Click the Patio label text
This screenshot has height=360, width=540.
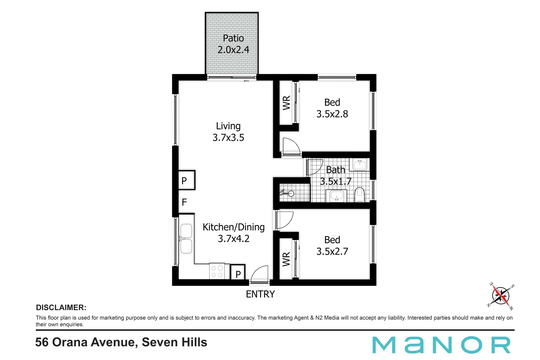pyautogui.click(x=233, y=38)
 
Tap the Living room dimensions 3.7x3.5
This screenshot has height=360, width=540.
pyautogui.click(x=228, y=138)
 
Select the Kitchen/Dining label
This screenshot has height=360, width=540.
pyautogui.click(x=233, y=227)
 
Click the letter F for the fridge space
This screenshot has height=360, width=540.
pyautogui.click(x=184, y=202)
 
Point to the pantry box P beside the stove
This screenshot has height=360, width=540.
pyautogui.click(x=238, y=272)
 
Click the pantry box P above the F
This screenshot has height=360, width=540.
pyautogui.click(x=186, y=180)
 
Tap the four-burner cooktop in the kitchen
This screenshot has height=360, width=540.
pyautogui.click(x=217, y=271)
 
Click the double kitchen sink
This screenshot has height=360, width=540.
pyautogui.click(x=186, y=239)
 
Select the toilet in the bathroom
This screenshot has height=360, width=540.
pyautogui.click(x=360, y=195)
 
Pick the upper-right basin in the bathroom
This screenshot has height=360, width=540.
pyautogui.click(x=360, y=164)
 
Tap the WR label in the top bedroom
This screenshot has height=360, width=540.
pyautogui.click(x=286, y=103)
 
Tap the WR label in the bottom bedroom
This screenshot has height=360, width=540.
pyautogui.click(x=286, y=259)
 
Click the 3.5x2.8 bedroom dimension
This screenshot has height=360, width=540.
pyautogui.click(x=332, y=114)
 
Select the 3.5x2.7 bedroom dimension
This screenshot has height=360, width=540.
pyautogui.click(x=332, y=252)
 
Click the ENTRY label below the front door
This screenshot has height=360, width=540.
pyautogui.click(x=260, y=294)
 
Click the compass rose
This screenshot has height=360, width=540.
pyautogui.click(x=501, y=296)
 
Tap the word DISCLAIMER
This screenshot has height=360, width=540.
pyautogui.click(x=61, y=308)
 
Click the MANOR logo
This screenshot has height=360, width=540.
pyautogui.click(x=441, y=345)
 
